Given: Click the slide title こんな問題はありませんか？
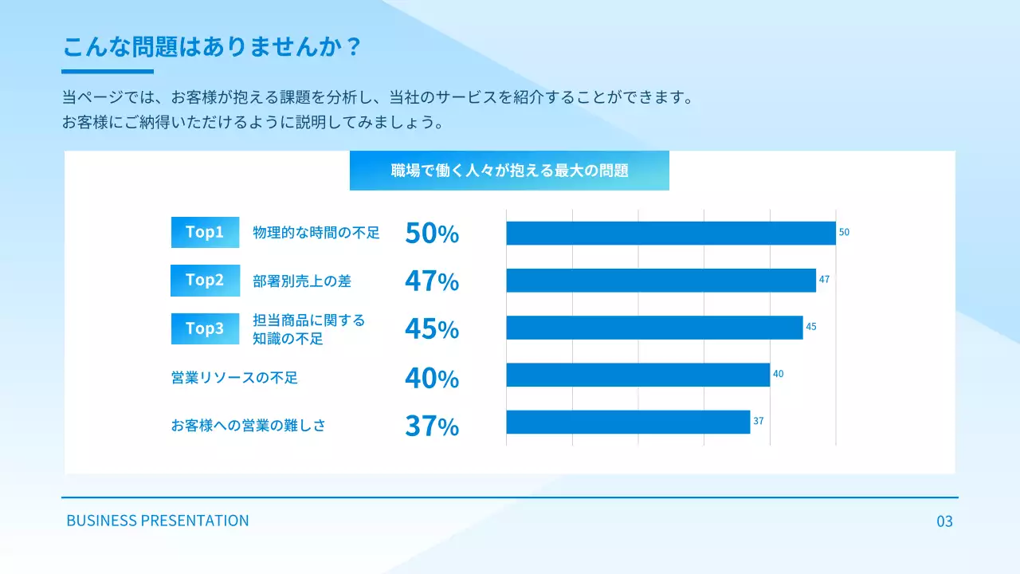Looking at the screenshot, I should click(213, 46).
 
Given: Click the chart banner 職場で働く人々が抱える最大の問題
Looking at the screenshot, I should click(509, 171).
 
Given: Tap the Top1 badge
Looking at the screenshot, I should click(205, 232).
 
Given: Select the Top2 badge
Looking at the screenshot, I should click(205, 280).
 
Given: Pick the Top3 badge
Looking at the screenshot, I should click(205, 328).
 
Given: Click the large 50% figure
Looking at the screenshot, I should click(432, 234).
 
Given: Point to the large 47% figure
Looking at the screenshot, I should click(432, 281).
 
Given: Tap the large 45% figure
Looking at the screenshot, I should click(432, 329).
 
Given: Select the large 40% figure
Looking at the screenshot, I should click(432, 378).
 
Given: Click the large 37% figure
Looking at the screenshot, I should click(432, 427).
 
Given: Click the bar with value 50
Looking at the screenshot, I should click(670, 233).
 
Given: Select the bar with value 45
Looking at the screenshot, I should click(653, 328).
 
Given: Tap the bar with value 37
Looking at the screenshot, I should click(628, 422).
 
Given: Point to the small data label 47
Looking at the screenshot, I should click(824, 280).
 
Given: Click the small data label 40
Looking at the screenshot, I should click(779, 374).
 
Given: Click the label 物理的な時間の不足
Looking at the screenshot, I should click(316, 233).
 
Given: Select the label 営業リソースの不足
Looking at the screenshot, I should click(234, 378).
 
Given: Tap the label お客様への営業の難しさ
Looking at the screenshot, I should click(249, 426).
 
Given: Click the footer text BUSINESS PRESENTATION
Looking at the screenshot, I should click(158, 521).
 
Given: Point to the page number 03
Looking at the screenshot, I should click(944, 522).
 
